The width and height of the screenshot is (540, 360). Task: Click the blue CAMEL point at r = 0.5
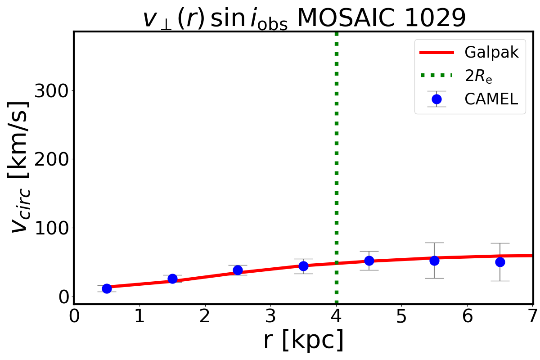[x=107, y=288]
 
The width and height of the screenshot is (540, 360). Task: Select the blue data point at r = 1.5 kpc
[x=172, y=279]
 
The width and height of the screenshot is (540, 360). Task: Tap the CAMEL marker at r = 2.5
[x=238, y=270]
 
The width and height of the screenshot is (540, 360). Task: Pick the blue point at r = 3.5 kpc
[x=303, y=266]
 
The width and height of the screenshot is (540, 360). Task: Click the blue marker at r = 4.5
[x=369, y=260]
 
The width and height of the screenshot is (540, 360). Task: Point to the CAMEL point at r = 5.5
[x=434, y=260]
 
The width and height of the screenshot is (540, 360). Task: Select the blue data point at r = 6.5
[x=499, y=261]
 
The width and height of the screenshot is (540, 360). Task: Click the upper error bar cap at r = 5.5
[x=434, y=243]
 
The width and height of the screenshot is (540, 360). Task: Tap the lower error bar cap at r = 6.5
[x=499, y=281]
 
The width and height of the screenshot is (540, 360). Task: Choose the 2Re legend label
[x=478, y=76]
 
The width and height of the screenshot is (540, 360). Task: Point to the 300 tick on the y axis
[x=51, y=91]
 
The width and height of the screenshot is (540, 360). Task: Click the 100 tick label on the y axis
[x=51, y=228]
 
